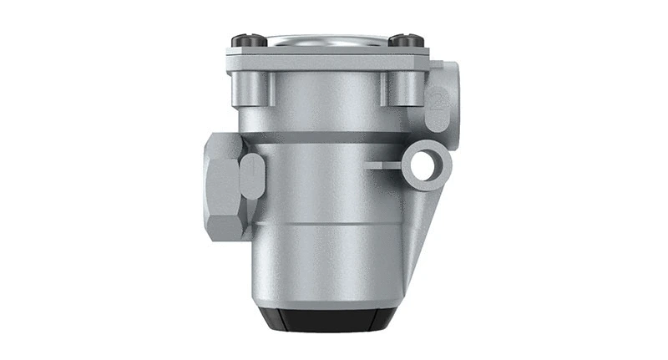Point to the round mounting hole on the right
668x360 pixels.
coord(426,164)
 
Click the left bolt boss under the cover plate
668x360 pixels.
coord(255,87)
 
